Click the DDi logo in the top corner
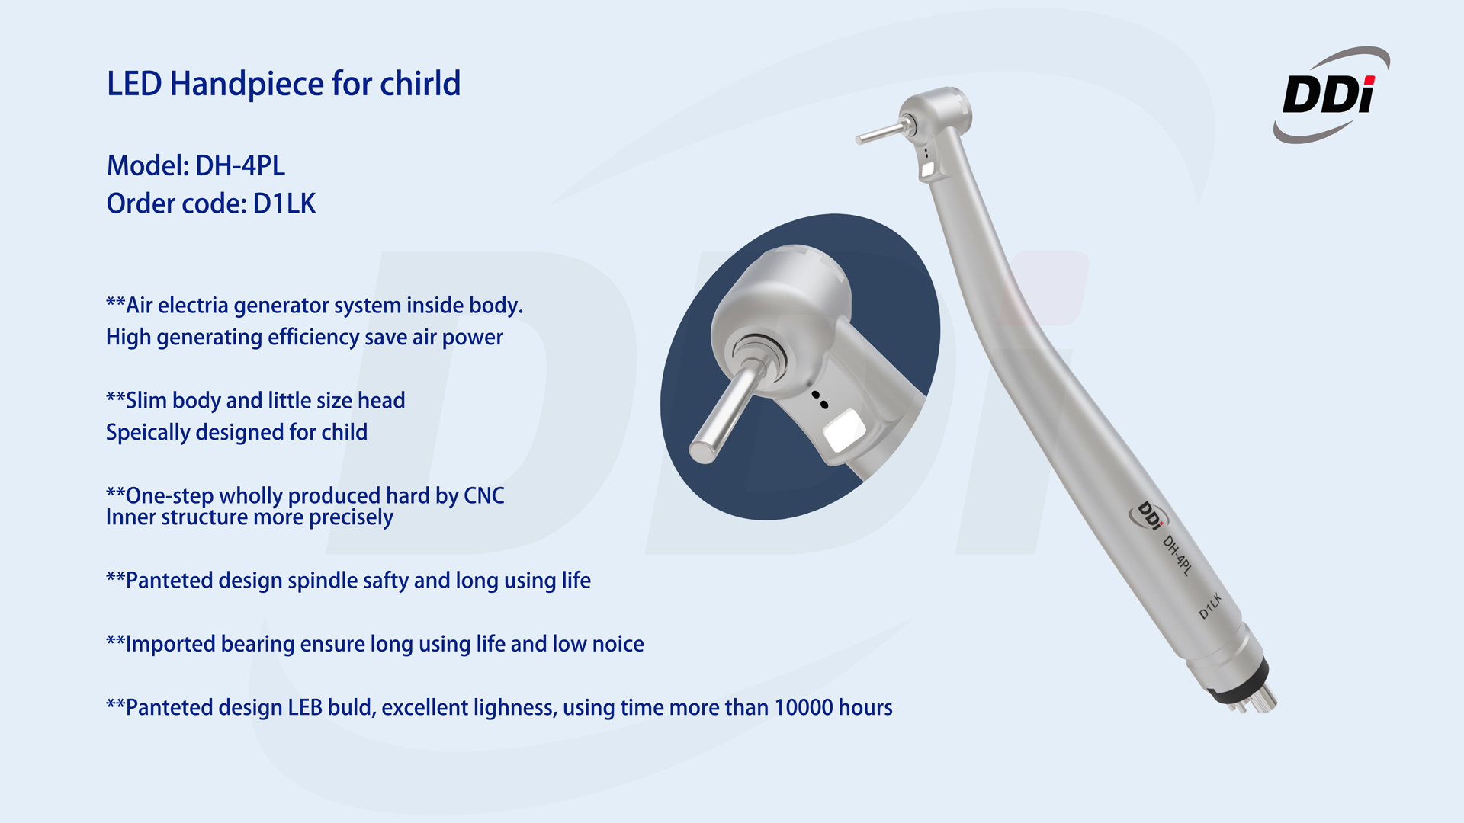1331,94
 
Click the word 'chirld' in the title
420,83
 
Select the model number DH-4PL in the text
240,165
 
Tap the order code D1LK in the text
284,203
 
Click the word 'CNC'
484,495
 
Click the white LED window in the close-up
844,431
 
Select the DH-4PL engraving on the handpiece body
1177,555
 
